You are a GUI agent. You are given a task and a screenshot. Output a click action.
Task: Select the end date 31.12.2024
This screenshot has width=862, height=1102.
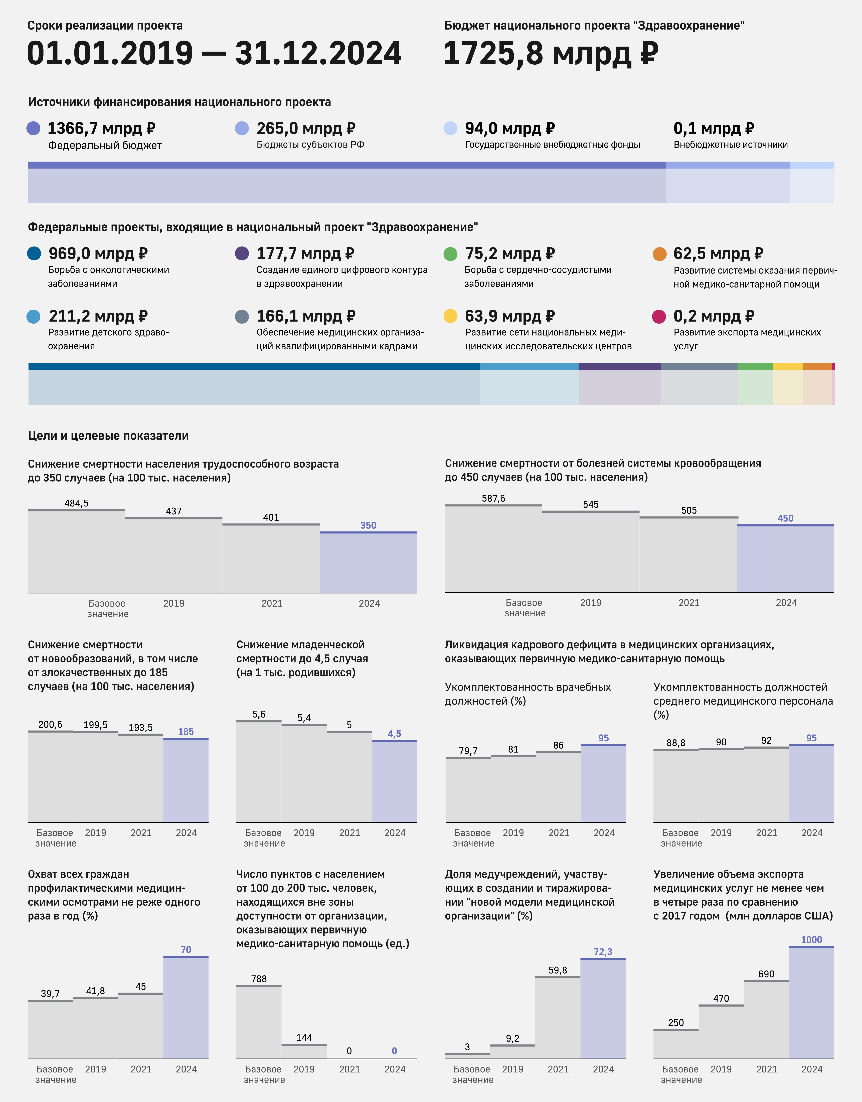click(318, 54)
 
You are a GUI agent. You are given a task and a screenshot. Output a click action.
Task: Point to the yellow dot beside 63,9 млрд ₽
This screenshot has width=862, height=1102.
click(450, 316)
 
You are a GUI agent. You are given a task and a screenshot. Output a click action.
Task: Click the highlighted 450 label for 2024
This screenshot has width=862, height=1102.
click(785, 518)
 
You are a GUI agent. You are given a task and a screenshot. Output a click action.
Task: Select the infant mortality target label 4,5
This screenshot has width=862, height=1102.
click(394, 734)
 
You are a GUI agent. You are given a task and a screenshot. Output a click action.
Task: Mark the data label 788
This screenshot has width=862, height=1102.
click(259, 979)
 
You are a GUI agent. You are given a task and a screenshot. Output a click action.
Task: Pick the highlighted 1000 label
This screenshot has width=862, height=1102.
click(811, 940)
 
